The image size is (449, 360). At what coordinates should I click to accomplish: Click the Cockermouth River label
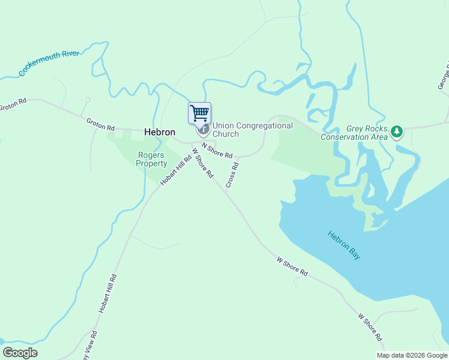[x=49, y=63]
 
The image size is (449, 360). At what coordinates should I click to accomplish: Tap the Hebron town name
[x=160, y=132]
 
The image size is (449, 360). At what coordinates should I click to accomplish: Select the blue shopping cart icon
[x=199, y=112]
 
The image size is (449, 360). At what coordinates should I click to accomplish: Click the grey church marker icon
[x=203, y=128]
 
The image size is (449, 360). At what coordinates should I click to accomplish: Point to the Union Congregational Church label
[x=252, y=130]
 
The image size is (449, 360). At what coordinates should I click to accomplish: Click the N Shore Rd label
[x=217, y=150]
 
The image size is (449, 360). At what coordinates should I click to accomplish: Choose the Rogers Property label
[x=151, y=158]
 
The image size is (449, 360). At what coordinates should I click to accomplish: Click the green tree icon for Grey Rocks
[x=396, y=131]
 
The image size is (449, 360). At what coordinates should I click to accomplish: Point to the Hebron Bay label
[x=345, y=245]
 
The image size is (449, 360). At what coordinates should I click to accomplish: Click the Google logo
[x=20, y=353]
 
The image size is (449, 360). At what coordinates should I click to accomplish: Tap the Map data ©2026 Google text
[x=411, y=355]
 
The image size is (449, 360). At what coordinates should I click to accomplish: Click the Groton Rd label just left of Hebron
[x=100, y=125]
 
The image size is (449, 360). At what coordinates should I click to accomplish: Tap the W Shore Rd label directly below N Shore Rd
[x=203, y=163]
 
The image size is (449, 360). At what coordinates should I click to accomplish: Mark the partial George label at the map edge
[x=443, y=76]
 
